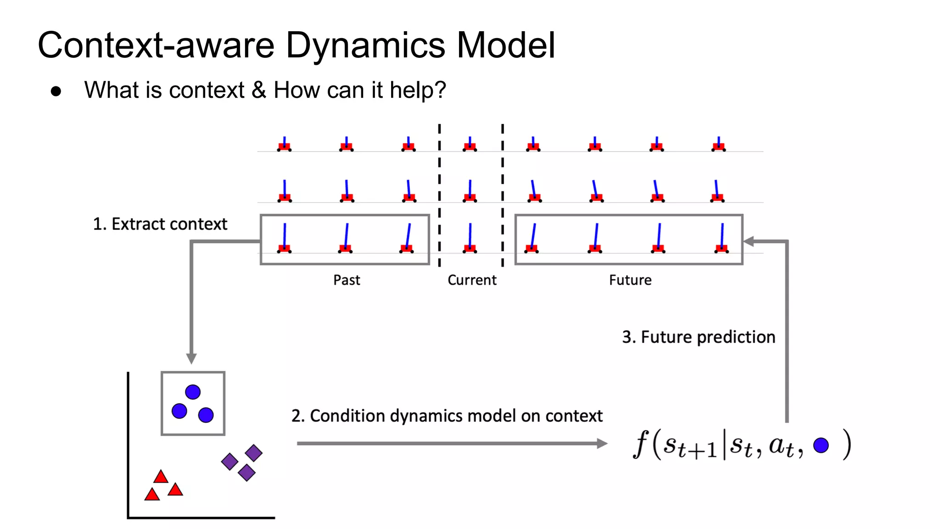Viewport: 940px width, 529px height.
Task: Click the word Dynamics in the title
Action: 365,45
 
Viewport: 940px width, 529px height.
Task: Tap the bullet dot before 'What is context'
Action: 56,91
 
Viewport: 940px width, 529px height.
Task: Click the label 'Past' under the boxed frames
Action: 347,280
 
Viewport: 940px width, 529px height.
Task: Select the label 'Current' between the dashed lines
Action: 472,280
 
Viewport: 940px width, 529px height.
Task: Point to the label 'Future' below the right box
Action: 630,280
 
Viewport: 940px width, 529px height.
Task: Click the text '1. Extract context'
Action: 160,224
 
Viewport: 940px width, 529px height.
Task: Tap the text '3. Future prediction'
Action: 698,337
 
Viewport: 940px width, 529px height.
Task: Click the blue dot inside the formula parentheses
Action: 821,445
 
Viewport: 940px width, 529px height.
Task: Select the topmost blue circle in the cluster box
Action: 193,392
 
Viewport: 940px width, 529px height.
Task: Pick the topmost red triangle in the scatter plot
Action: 161,477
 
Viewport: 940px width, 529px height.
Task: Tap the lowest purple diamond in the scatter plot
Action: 246,473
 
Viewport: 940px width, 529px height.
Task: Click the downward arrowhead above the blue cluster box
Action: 191,358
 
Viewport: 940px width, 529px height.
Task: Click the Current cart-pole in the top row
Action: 470,145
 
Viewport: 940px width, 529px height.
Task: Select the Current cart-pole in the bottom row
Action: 470,239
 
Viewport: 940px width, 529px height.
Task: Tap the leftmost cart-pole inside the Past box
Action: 284,239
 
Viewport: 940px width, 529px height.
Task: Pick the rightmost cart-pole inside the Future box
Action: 722,239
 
